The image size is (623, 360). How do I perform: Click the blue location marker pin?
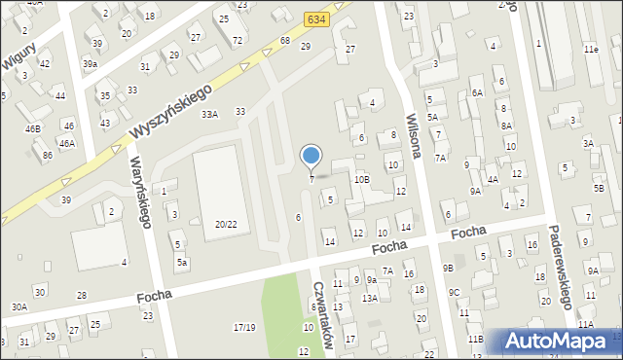pos(311,157)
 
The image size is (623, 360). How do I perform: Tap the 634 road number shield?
pos(315,18)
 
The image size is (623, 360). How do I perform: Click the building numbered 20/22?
pos(226,224)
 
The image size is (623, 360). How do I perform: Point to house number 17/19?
pos(244,327)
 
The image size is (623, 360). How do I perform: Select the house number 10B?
pos(361,180)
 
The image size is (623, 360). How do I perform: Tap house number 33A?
pos(209,115)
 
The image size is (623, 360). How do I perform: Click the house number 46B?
pos(33,128)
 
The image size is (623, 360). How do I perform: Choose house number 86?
pos(47,155)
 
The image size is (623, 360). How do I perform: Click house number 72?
pos(238,41)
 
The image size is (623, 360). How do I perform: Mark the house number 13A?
pos(370,298)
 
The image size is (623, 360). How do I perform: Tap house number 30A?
pos(19,306)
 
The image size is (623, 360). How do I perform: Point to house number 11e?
pos(591,49)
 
